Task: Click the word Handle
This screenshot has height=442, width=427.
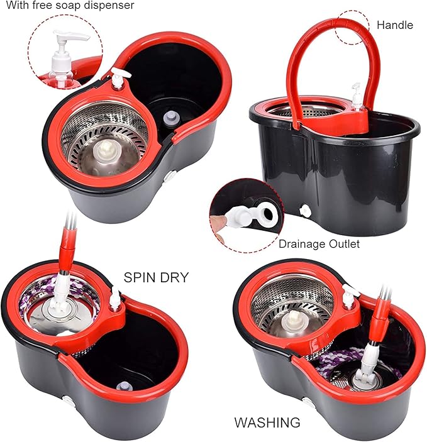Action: pos(394,25)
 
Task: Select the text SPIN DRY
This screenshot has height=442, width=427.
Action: pos(156,277)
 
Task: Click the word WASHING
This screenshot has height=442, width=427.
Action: pos(267,422)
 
